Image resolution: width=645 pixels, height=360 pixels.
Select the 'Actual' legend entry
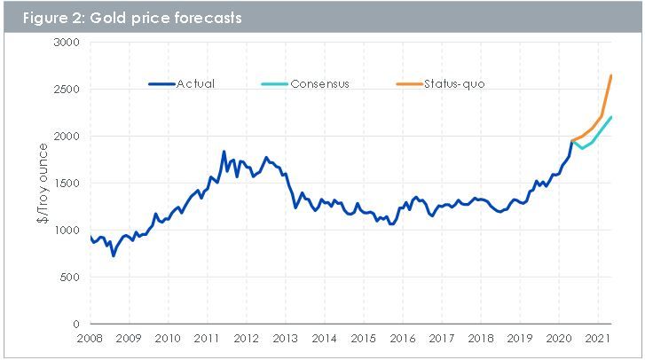click(x=195, y=84)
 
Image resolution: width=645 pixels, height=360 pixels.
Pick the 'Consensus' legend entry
click(x=319, y=84)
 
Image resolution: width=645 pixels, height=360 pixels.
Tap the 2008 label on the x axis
click(x=90, y=339)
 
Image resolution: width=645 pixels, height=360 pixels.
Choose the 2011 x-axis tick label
click(x=207, y=339)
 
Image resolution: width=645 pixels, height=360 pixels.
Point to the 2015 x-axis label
click(x=364, y=339)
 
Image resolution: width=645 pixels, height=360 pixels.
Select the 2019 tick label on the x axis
click(x=520, y=339)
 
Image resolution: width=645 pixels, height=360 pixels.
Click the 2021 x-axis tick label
click(x=598, y=339)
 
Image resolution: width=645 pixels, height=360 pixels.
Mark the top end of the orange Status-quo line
click(x=611, y=75)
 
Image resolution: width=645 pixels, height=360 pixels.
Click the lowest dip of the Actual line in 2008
click(x=114, y=256)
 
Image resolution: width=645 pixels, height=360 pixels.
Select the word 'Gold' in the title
click(x=102, y=17)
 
